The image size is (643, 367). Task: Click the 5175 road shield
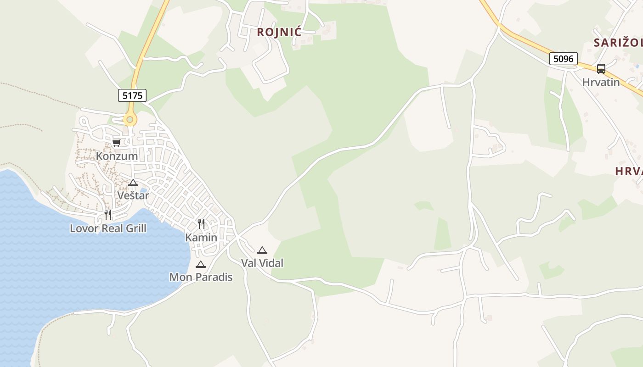coord(132,95)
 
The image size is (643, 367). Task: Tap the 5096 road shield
coord(564,59)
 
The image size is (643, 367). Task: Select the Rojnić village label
coord(279,32)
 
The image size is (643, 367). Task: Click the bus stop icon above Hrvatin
coord(601,69)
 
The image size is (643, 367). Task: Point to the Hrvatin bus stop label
coord(601,83)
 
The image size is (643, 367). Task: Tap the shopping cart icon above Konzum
coord(117,143)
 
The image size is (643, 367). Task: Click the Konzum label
coord(117,156)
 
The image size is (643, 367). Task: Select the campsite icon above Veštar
coord(133,183)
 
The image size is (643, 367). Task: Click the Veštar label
coord(133,195)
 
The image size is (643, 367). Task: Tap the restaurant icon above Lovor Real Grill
coord(108,214)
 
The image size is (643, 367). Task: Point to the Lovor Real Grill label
coord(108,228)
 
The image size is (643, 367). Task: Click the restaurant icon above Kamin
coord(201,224)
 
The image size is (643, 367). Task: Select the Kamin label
coord(201,237)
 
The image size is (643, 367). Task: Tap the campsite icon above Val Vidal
coord(262,250)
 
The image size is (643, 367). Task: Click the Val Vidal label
coord(262,263)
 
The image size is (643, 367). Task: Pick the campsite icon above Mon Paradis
coord(201,264)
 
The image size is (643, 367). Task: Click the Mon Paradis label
coord(201,277)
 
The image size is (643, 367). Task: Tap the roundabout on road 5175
coord(130,120)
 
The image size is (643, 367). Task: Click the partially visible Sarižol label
coord(618,43)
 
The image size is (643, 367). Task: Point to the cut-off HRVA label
coord(629,171)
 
